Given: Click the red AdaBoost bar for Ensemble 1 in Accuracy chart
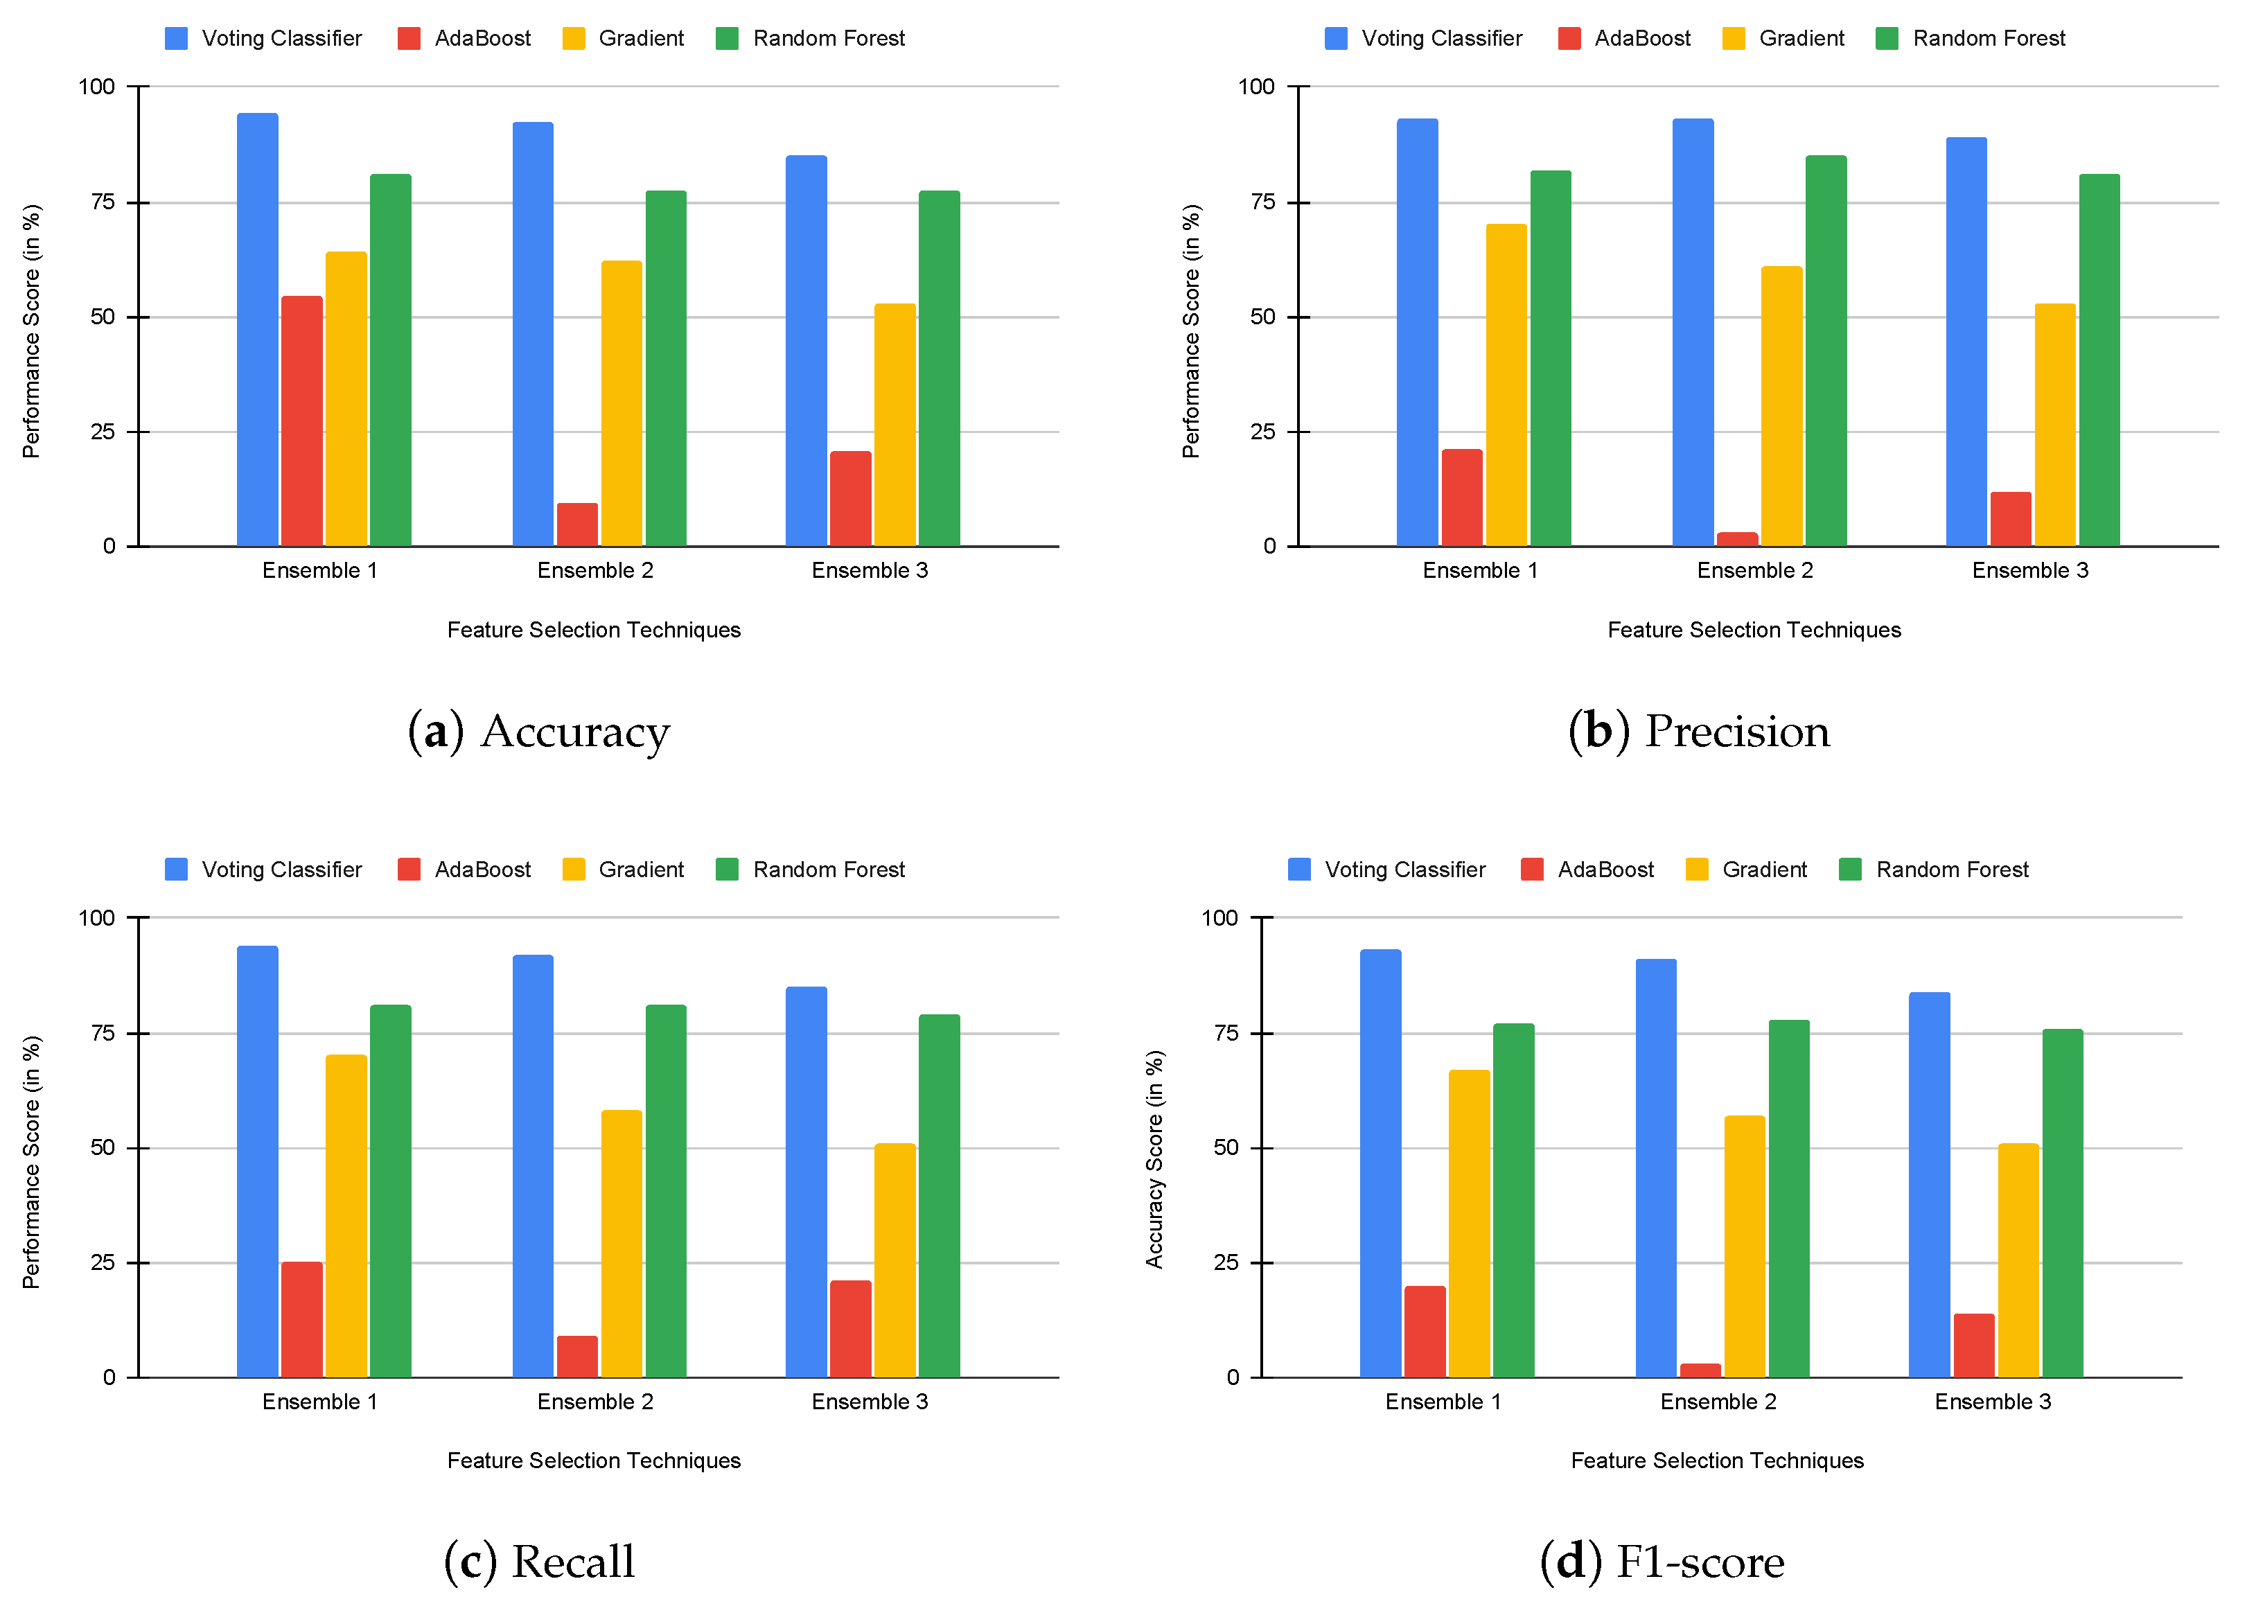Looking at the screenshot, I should click(301, 421).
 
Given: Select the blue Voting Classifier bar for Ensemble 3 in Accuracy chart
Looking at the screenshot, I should click(806, 351).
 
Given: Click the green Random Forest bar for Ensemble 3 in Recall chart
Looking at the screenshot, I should click(939, 1196).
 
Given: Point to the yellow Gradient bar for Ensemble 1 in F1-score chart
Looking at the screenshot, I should click(1469, 1224).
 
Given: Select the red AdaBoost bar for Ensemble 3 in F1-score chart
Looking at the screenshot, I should click(1973, 1345).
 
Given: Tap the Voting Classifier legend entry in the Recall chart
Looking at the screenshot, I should click(263, 870).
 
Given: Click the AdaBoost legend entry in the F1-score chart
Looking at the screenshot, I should click(1587, 870).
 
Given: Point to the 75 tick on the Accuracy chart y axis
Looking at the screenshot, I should click(102, 202).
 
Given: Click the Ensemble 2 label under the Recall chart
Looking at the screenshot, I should click(594, 1402).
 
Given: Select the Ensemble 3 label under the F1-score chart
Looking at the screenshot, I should click(1992, 1402).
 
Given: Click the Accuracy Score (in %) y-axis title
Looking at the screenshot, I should click(1154, 1159).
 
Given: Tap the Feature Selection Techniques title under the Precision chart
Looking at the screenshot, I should click(1754, 630).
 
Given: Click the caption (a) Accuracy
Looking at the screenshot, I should click(539, 732).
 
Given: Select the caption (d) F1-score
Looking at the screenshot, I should click(1662, 1562).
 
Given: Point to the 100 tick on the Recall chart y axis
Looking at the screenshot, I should click(97, 918).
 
